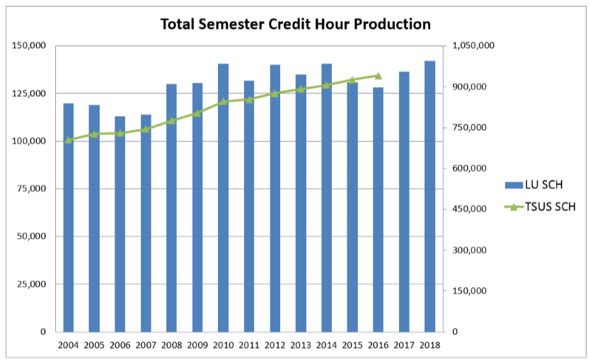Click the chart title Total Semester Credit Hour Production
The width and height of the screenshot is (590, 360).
click(x=295, y=24)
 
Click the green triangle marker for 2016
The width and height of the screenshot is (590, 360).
click(x=378, y=76)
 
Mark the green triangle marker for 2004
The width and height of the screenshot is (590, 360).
click(x=69, y=140)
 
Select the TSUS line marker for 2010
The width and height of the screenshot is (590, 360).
click(x=223, y=101)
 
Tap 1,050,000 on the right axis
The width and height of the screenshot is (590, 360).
click(x=473, y=46)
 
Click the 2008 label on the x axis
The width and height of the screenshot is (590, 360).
click(x=171, y=345)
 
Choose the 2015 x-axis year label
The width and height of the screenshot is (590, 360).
click(x=352, y=345)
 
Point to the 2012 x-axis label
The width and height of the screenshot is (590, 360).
click(x=274, y=345)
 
